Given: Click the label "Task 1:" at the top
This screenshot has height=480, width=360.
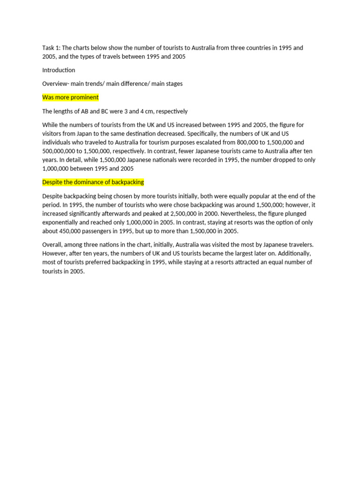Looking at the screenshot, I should (x=51, y=48).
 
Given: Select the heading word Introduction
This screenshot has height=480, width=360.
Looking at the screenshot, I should (x=59, y=70).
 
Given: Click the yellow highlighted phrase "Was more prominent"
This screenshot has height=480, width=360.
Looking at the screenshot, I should (x=70, y=97).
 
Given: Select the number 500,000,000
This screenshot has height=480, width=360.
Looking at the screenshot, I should (x=62, y=151).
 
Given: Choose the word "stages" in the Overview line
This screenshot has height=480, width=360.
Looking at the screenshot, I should (x=174, y=83).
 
